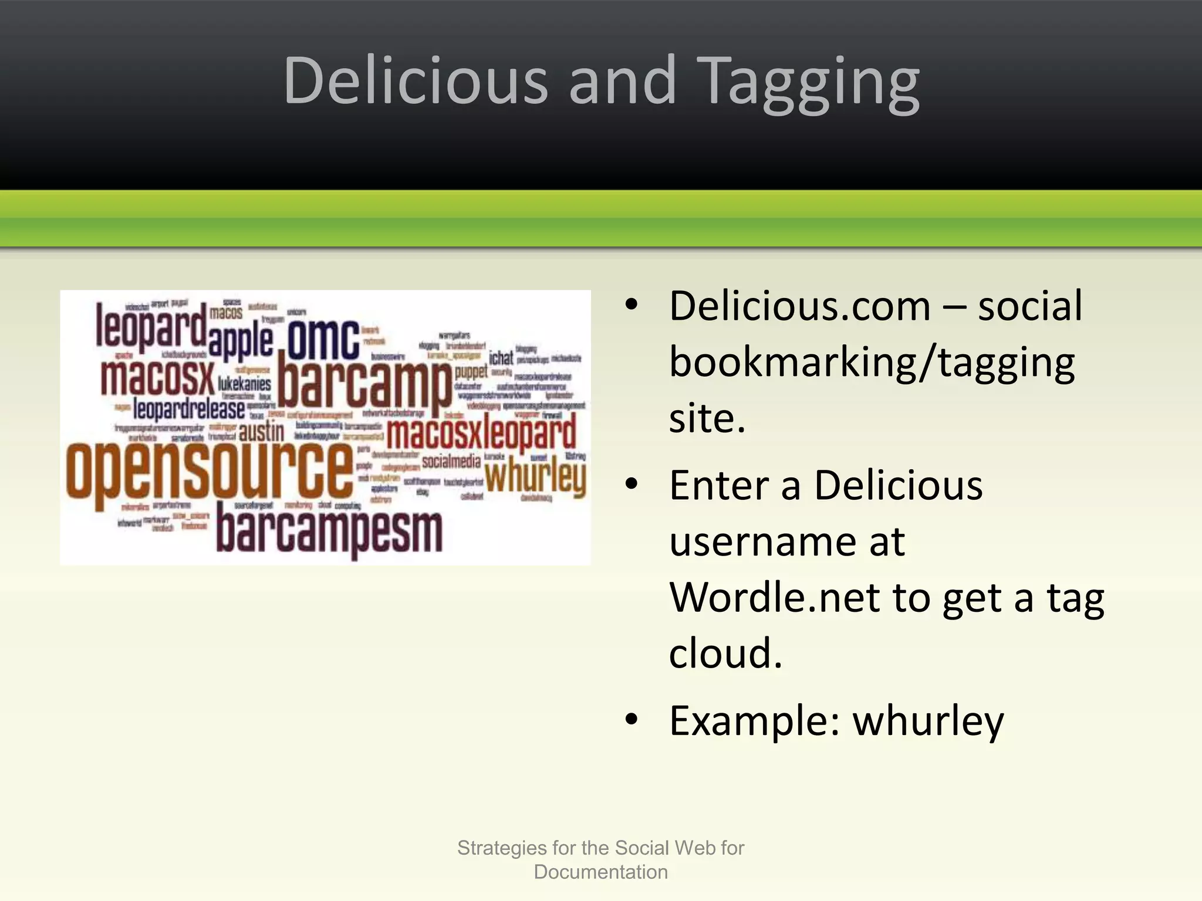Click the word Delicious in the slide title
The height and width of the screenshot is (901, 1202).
coord(416,81)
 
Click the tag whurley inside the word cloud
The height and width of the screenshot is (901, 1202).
coord(535,476)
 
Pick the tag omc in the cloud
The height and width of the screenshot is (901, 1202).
coord(323,340)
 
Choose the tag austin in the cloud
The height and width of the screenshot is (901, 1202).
coord(262,433)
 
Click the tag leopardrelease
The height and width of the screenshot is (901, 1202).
coord(189,409)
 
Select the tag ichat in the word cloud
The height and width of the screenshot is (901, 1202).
coord(501,357)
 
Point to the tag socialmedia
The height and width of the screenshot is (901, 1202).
coord(451,462)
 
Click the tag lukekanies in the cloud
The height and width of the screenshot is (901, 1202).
coord(244,384)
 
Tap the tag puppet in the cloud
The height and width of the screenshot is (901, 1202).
coord(471,371)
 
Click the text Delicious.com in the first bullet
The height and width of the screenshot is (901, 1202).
coord(800,306)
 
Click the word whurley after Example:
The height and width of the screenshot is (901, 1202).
coord(928,721)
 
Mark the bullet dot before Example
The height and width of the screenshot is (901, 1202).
coord(632,720)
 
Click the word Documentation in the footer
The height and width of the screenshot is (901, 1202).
coord(600,872)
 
